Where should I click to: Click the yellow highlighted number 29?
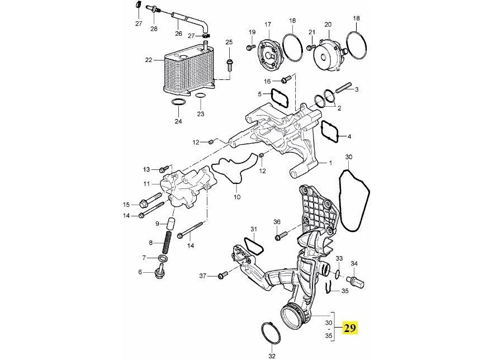point(350,328)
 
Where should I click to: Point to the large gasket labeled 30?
point(354,201)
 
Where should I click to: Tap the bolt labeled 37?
point(223,274)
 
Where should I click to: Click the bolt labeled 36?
point(281,235)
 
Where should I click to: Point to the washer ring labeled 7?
point(162,258)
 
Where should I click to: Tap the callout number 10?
point(237,197)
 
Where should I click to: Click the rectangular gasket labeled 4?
point(330,131)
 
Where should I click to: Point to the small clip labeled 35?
point(328,287)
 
